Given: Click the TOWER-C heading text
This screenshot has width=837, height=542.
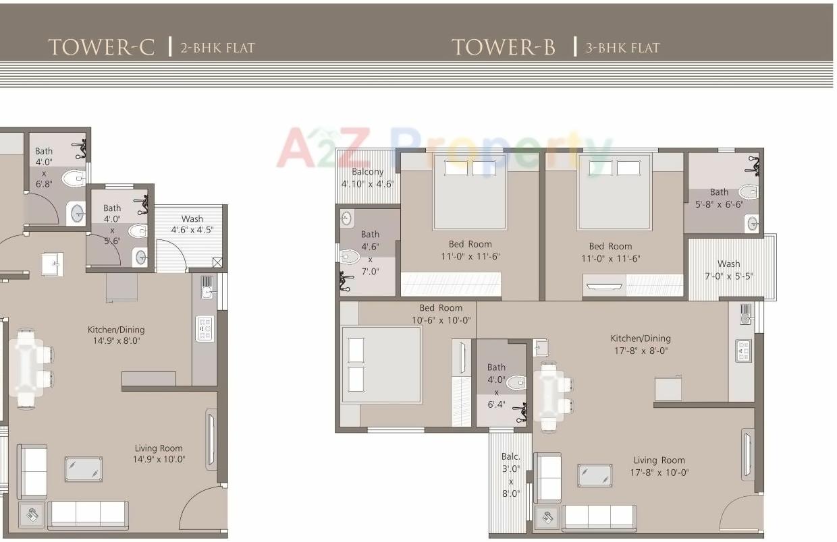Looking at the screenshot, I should tap(101, 47).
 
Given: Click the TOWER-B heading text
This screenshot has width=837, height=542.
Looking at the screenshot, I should tap(504, 47).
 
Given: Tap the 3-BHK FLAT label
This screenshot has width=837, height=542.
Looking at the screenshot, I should tap(622, 48).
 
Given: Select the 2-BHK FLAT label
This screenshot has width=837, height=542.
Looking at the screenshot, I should tap(217, 48).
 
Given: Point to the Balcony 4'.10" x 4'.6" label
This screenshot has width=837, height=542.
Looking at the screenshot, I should tap(367, 178).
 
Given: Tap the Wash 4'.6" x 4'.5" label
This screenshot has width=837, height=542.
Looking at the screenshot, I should tap(192, 224).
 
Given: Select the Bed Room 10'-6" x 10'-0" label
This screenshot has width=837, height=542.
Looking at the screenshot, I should tap(441, 314).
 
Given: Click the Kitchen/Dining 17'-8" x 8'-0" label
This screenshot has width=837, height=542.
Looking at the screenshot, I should tap(641, 344).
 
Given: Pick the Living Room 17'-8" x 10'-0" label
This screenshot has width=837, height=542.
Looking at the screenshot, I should tap(659, 466).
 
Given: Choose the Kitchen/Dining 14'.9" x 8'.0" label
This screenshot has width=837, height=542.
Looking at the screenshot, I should tap(116, 335).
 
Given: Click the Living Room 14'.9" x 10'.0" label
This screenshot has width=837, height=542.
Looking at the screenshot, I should tap(159, 454).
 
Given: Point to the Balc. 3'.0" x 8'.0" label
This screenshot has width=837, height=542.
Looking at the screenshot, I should tap(511, 475).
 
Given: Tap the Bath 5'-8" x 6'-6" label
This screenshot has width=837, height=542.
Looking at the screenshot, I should tap(719, 198).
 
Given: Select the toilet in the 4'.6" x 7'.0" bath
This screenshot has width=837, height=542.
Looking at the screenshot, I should tap(350, 256).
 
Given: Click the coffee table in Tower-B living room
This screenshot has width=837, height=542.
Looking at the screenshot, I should tap(595, 475).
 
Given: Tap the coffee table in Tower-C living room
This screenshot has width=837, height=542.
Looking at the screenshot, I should tap(84, 469).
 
